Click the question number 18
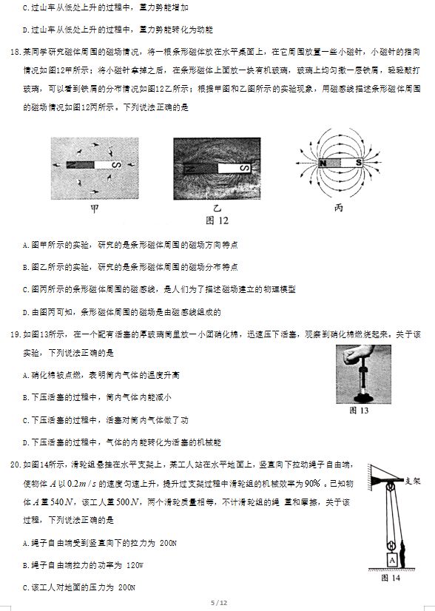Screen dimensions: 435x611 click(x=16, y=52)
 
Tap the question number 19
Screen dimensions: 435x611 click(x=16, y=334)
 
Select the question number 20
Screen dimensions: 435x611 click(x=16, y=465)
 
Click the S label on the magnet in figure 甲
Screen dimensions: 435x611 click(x=115, y=165)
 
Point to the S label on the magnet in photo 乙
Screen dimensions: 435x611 click(x=245, y=168)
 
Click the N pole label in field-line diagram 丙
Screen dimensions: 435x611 click(x=323, y=163)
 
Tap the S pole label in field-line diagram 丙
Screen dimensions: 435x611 click(x=358, y=163)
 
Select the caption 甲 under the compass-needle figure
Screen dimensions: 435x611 click(x=95, y=209)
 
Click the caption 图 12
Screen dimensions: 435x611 click(x=217, y=221)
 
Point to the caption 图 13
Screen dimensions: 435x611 click(x=359, y=411)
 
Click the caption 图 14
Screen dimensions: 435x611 click(x=391, y=578)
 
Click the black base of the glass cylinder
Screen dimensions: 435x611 click(x=363, y=398)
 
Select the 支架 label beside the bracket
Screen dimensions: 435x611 click(x=412, y=481)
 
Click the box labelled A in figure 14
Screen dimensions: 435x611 click(x=392, y=561)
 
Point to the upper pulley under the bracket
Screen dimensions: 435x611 click(x=390, y=486)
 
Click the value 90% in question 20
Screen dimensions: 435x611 click(x=313, y=483)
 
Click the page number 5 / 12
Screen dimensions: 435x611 click(x=219, y=603)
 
